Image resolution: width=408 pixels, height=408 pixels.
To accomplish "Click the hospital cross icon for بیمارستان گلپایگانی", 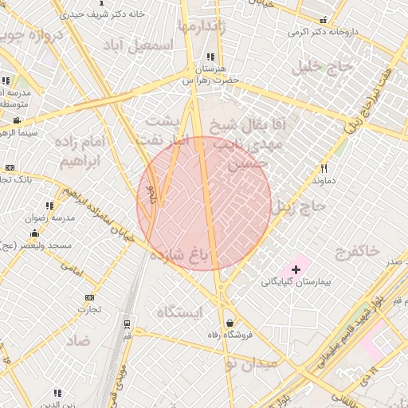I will [296, 270].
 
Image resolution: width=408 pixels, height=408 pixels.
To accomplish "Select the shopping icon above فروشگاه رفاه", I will [230, 324].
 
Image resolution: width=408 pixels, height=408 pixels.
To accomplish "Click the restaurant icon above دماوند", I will [324, 168].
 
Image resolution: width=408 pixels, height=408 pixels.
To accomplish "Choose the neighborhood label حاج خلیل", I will [323, 65].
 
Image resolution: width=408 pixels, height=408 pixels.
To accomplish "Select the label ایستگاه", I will [181, 311].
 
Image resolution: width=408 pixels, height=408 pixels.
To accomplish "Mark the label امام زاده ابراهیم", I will [82, 151].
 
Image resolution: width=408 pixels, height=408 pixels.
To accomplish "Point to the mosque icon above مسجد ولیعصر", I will [34, 233].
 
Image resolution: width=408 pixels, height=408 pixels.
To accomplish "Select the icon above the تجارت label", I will [88, 297].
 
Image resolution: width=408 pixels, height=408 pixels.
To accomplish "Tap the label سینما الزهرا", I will [15, 132].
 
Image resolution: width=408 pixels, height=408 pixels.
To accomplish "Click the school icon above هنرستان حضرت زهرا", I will [210, 57].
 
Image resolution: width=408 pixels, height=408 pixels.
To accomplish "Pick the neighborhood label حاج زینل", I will [299, 207].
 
